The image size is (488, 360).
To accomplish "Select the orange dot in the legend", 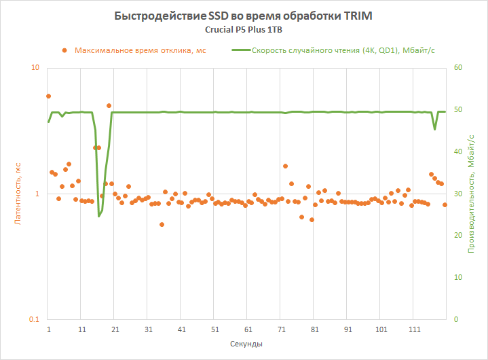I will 64,50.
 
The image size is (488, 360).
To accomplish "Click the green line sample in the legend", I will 240,50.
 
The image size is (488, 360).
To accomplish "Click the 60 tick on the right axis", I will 458,68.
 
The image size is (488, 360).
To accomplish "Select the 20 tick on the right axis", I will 458,236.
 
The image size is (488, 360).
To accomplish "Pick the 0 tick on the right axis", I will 456,320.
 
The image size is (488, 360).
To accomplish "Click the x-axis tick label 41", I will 181,329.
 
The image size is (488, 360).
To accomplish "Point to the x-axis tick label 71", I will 281,329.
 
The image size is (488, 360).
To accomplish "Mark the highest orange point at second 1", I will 48,96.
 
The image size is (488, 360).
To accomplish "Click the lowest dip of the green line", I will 99,216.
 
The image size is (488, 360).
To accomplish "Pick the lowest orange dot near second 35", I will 162,224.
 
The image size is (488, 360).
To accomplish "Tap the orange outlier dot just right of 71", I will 285,166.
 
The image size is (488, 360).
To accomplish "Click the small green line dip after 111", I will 435,129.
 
